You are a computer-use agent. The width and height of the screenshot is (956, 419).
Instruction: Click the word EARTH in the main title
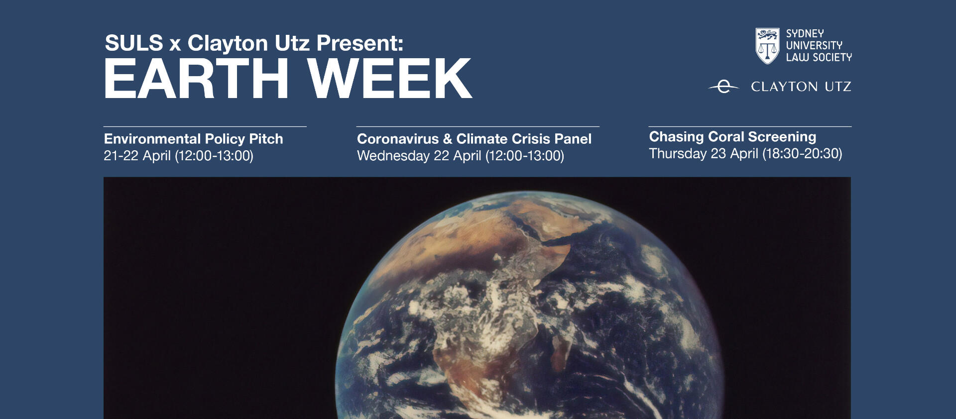click(196, 79)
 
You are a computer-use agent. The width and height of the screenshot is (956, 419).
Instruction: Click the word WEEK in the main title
click(389, 79)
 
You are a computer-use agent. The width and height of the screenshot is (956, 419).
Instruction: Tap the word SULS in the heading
click(134, 43)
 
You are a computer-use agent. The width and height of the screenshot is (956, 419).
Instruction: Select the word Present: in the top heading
click(359, 43)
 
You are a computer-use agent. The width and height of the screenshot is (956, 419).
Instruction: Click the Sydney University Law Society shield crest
click(767, 46)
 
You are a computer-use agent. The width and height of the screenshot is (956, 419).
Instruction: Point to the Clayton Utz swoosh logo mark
click(723, 87)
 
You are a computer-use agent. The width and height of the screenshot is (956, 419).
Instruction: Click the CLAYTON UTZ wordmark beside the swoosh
click(801, 87)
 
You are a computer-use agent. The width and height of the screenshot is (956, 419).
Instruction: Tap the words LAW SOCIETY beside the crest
click(819, 57)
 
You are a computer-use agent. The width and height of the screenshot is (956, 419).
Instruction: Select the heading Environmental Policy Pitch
click(193, 139)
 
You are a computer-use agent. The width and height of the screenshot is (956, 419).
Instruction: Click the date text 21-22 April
click(137, 156)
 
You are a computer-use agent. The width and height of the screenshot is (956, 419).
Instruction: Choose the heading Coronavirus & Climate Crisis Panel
click(474, 139)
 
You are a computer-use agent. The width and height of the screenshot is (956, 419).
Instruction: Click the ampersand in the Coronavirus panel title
click(447, 139)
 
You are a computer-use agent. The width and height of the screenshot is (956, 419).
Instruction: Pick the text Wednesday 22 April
click(419, 156)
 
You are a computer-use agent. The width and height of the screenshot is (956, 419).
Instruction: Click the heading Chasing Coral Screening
click(732, 137)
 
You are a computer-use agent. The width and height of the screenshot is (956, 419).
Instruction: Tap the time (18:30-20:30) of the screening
click(802, 154)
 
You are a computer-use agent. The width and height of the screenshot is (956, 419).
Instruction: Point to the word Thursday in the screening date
click(678, 154)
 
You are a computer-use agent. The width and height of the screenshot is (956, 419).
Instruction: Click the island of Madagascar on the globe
click(561, 351)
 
